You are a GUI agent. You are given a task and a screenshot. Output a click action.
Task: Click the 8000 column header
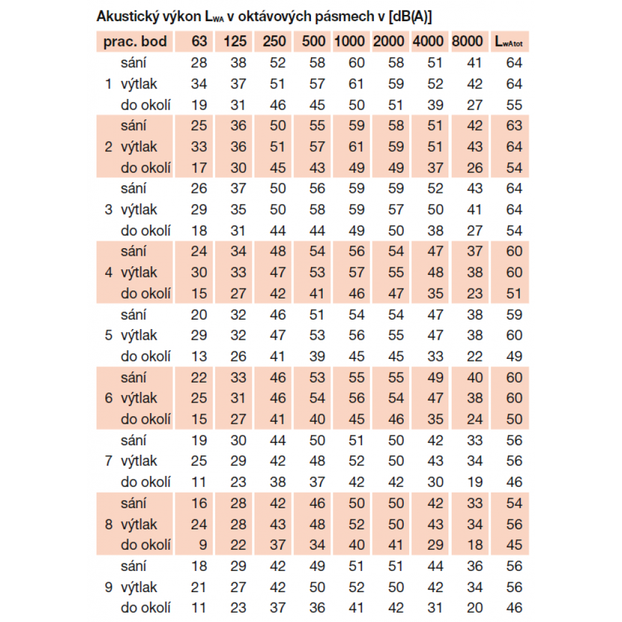(467, 42)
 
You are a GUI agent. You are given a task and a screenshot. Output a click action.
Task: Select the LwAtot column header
(508, 42)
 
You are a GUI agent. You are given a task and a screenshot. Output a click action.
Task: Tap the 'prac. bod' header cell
(135, 42)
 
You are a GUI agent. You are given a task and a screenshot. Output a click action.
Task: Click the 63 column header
(199, 42)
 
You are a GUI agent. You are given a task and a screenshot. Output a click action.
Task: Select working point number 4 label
(109, 272)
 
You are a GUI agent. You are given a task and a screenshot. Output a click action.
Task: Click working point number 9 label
(109, 587)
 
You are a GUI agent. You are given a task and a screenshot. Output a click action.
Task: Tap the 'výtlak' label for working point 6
(139, 398)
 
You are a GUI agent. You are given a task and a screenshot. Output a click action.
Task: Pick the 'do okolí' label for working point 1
(146, 105)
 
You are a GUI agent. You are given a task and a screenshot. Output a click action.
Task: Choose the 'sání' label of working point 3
(134, 188)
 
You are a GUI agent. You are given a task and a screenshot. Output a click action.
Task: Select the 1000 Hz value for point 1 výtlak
(356, 84)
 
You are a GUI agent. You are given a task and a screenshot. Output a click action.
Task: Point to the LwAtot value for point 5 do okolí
(514, 356)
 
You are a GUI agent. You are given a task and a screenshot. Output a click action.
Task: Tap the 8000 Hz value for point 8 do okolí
(475, 545)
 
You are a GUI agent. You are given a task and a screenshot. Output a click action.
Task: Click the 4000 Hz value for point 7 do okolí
(435, 482)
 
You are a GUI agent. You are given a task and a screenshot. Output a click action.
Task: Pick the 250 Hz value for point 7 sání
(277, 440)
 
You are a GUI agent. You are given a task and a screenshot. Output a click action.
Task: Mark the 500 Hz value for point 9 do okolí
(317, 608)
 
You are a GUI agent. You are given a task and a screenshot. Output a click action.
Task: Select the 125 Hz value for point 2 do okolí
(238, 168)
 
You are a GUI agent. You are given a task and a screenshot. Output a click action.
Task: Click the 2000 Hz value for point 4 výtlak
(396, 272)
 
